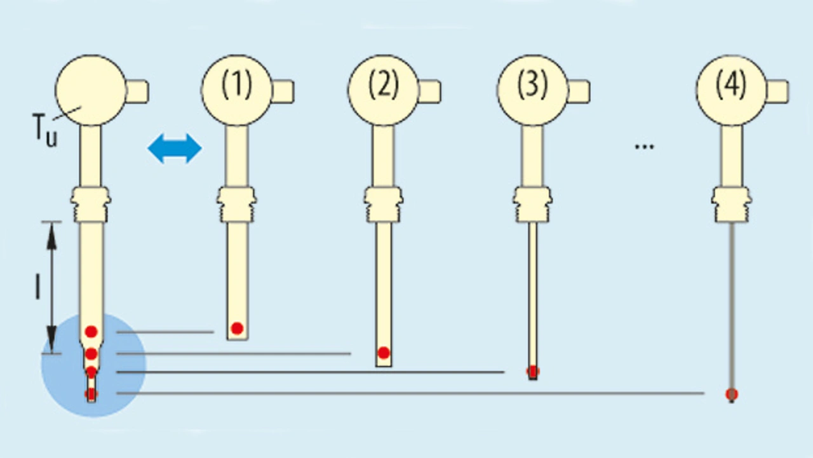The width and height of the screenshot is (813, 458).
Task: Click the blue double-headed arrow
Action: point(175,149)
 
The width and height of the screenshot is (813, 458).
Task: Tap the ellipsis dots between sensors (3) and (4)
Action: point(644,147)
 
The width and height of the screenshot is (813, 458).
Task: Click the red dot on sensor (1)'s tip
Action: point(237,328)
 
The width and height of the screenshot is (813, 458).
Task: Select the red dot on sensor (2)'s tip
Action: point(384,353)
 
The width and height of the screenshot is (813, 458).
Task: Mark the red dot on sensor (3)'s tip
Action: point(533,371)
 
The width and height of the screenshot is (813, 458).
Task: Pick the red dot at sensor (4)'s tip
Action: point(732,394)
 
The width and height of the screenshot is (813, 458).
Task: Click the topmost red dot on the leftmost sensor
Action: point(91,331)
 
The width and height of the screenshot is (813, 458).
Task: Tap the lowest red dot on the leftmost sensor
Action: point(91,394)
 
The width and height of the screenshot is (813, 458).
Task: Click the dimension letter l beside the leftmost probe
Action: point(37,286)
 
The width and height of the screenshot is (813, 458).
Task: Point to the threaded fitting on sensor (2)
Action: point(384,203)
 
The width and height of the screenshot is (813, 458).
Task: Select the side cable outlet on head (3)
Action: point(578,91)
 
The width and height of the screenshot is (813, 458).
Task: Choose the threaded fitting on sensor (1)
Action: point(237,203)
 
